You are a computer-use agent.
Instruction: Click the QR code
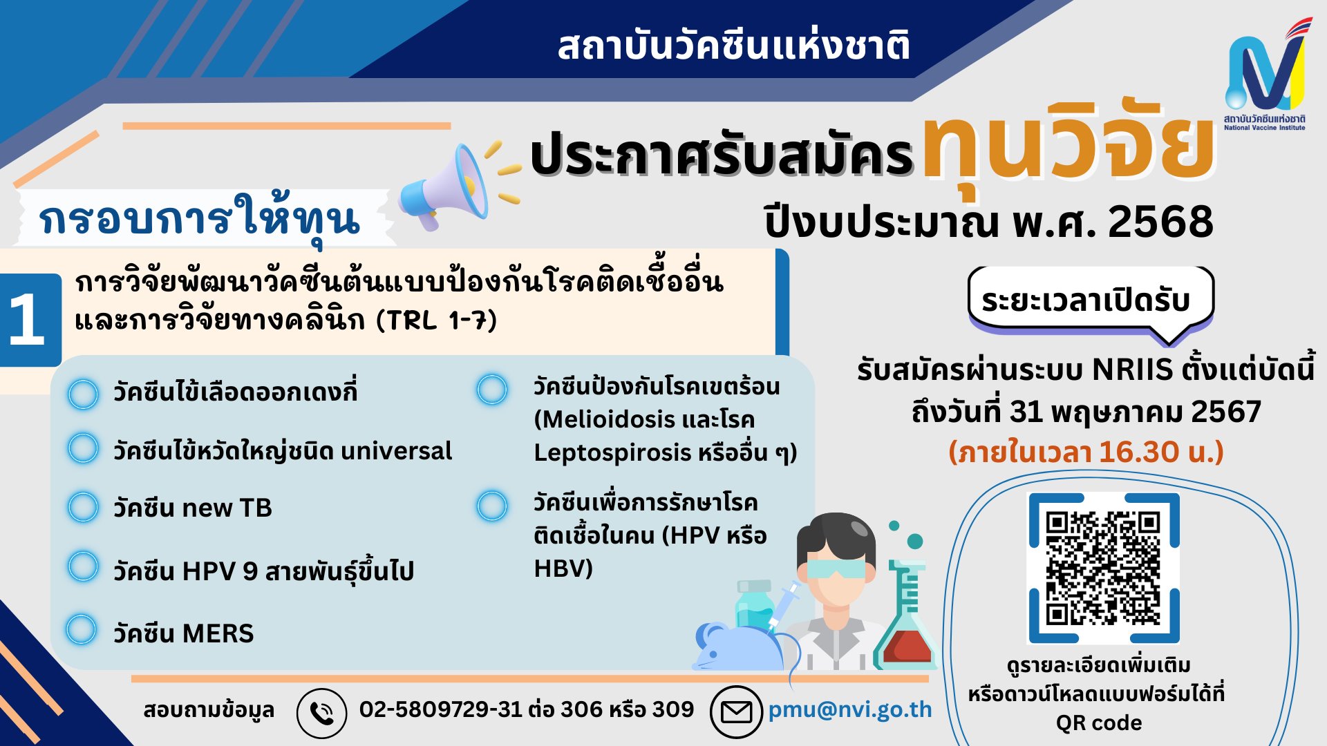pos(1103,568)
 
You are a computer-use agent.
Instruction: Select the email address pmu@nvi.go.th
pos(850,710)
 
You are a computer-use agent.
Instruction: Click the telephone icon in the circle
pos(321,712)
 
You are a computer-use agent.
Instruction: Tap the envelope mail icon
pos(736,711)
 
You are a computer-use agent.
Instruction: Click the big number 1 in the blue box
pos(28,319)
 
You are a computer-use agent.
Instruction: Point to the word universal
pos(396,451)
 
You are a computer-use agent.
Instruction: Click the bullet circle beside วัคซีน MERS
pos(81,630)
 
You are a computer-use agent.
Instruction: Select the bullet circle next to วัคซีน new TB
pos(83,507)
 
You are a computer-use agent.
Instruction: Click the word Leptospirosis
pos(612,452)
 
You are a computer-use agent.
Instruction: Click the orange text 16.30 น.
pos(1149,452)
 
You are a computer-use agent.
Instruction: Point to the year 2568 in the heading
pos(1160,222)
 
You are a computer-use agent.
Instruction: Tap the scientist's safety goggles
pos(836,568)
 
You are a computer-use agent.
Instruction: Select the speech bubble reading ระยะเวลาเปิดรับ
pos(1091,301)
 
